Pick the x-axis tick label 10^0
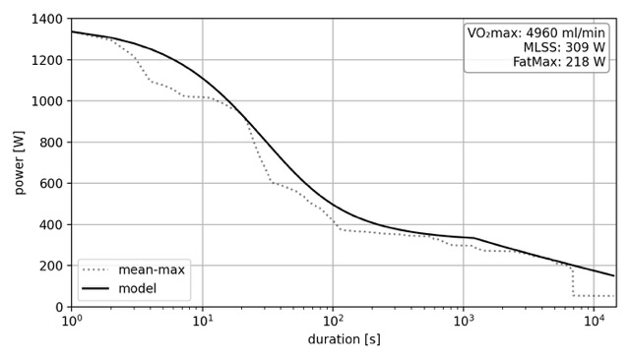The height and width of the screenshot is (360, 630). pyautogui.click(x=71, y=322)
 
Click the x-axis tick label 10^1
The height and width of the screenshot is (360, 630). pyautogui.click(x=202, y=322)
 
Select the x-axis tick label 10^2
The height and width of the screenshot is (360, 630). pyautogui.click(x=333, y=322)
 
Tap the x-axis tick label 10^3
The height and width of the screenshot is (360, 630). pyautogui.click(x=464, y=322)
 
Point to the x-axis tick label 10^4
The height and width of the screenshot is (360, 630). pyautogui.click(x=594, y=322)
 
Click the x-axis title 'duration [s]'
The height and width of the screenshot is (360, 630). pyautogui.click(x=344, y=340)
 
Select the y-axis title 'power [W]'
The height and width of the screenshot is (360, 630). pyautogui.click(x=19, y=162)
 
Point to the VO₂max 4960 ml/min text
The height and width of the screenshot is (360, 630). pyautogui.click(x=536, y=32)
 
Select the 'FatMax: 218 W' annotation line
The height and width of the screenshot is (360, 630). pyautogui.click(x=559, y=62)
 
